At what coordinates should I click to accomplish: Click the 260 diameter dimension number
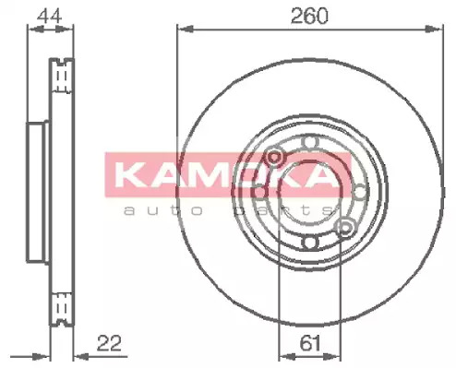(309, 16)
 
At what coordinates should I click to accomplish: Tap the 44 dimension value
(49, 16)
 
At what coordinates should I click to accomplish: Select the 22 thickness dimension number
(109, 343)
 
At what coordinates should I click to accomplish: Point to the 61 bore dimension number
(310, 343)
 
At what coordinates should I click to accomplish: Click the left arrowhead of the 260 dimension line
(186, 30)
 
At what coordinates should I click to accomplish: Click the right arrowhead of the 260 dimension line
(435, 30)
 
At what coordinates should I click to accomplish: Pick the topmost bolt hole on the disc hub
(309, 142)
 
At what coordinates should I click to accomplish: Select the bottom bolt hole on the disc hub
(309, 242)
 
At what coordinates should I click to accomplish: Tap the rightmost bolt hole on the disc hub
(359, 192)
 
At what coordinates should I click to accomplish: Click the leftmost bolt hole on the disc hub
(259, 192)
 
